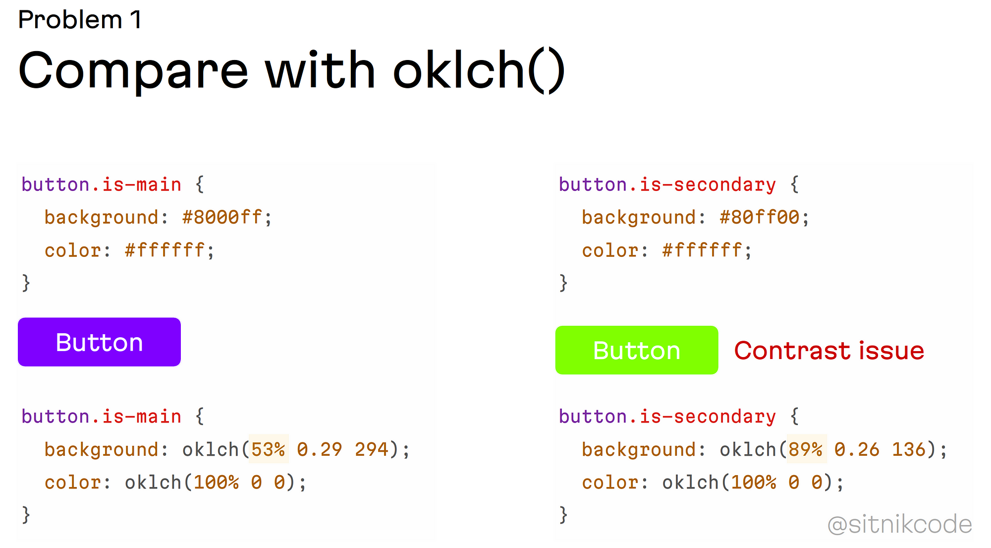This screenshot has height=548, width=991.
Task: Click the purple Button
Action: [x=99, y=342]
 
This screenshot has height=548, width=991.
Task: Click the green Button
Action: [x=637, y=350]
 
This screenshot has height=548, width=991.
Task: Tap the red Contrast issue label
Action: [x=829, y=351]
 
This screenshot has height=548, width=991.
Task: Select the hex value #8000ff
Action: [x=222, y=217]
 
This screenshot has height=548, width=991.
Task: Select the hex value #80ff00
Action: [x=760, y=217]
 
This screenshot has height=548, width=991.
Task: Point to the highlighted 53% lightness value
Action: [x=268, y=449]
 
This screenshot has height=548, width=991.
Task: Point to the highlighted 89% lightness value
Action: [x=806, y=449]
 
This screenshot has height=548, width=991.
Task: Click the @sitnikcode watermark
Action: [x=900, y=525]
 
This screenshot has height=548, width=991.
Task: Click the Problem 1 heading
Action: [x=80, y=20]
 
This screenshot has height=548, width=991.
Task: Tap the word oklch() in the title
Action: [x=479, y=71]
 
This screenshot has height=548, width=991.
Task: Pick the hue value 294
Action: [x=372, y=449]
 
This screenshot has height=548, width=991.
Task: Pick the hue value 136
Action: [x=909, y=449]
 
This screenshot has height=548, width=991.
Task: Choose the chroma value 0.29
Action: [x=320, y=449]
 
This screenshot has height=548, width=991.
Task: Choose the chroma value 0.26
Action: [x=857, y=449]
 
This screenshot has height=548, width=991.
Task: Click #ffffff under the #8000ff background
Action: [x=165, y=250]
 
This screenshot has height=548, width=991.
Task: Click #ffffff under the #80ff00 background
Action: [x=702, y=250]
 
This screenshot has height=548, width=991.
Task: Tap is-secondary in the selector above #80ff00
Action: [x=708, y=184]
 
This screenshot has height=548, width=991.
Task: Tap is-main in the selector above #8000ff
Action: [x=142, y=184]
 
